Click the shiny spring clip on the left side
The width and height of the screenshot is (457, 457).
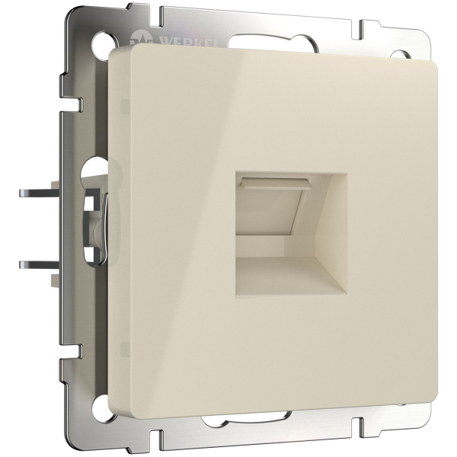[95, 221]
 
